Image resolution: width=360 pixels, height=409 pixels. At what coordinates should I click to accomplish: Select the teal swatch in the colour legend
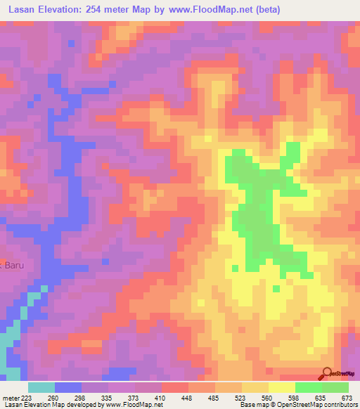tap(41, 387)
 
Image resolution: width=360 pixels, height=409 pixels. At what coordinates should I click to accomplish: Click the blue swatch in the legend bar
tap(68, 387)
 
